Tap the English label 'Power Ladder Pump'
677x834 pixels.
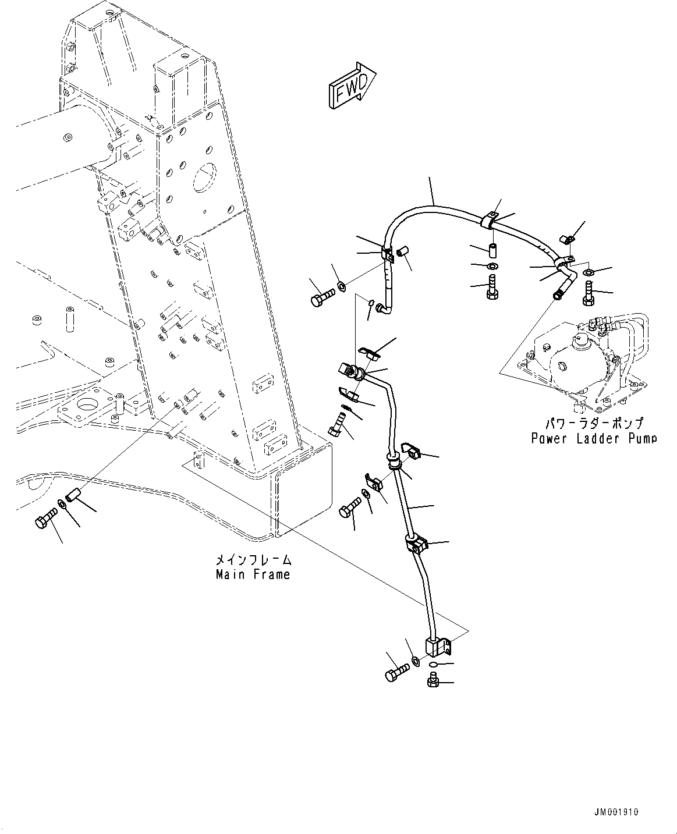click(x=594, y=438)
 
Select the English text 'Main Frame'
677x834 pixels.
click(x=253, y=574)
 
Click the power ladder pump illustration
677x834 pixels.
click(x=582, y=361)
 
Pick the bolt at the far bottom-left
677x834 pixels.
click(x=46, y=517)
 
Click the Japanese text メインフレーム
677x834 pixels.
click(x=253, y=560)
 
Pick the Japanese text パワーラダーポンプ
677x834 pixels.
click(x=594, y=424)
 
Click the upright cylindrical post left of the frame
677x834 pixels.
click(x=70, y=320)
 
